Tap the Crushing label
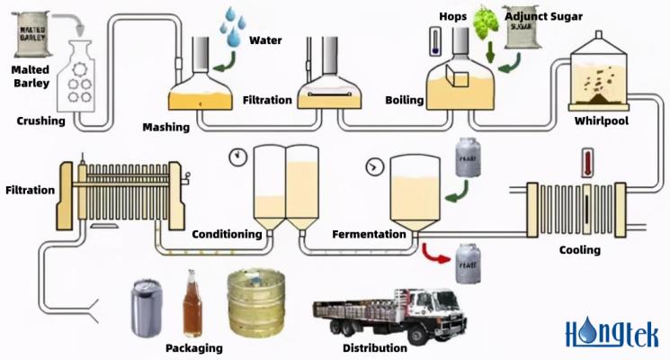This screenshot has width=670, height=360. coord(40,121)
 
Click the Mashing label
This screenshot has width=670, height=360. coord(166,127)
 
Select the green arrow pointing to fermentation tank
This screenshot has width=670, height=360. coord(460,190)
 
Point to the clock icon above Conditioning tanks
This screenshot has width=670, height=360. coord(238,156)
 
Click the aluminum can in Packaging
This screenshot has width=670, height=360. coord(147,306)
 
